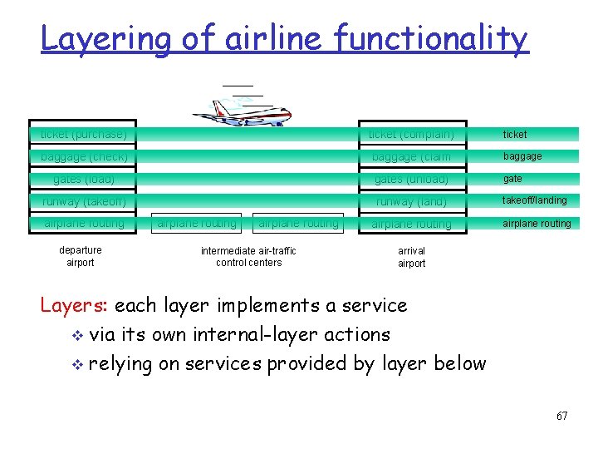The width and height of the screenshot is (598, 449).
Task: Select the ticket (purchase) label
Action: [84, 134]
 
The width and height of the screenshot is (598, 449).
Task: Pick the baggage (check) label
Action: [84, 156]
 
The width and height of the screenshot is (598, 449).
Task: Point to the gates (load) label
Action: [84, 179]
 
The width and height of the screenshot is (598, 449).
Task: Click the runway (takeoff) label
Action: [84, 201]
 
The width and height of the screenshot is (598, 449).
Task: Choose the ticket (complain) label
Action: [411, 135]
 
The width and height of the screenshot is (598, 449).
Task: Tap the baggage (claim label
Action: [411, 157]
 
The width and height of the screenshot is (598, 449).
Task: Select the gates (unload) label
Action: [411, 180]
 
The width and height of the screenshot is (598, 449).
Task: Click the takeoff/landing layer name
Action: [535, 200]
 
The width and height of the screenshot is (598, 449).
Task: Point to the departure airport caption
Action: [81, 256]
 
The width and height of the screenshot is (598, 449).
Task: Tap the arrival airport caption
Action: [411, 257]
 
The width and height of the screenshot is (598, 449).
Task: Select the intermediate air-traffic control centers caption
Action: [248, 256]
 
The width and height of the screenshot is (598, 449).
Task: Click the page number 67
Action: [562, 416]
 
